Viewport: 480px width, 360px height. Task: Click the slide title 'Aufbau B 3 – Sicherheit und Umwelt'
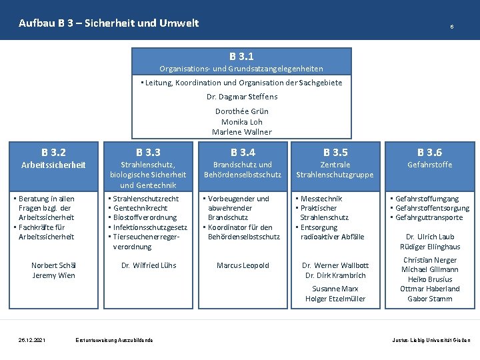[109, 23]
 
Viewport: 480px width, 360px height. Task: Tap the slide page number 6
[452, 27]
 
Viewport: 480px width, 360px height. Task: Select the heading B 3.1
[241, 57]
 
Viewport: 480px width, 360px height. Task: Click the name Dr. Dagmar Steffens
[242, 97]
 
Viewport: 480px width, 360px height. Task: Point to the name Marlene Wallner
[242, 132]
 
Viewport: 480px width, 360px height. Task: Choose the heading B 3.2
[53, 153]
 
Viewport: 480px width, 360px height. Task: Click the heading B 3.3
[148, 153]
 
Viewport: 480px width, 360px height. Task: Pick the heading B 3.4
[243, 153]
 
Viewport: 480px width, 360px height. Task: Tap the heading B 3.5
[335, 153]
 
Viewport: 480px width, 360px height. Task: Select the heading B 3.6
[429, 153]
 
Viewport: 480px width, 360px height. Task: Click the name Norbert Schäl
[54, 265]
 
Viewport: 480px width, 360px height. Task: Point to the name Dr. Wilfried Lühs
[149, 265]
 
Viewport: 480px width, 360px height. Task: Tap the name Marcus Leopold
[243, 265]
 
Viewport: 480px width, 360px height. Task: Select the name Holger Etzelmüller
[335, 299]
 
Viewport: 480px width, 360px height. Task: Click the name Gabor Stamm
[430, 299]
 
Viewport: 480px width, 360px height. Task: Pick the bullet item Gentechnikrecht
[141, 208]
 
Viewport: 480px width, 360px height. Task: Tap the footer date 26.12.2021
[32, 340]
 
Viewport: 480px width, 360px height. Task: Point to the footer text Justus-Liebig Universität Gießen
[431, 340]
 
